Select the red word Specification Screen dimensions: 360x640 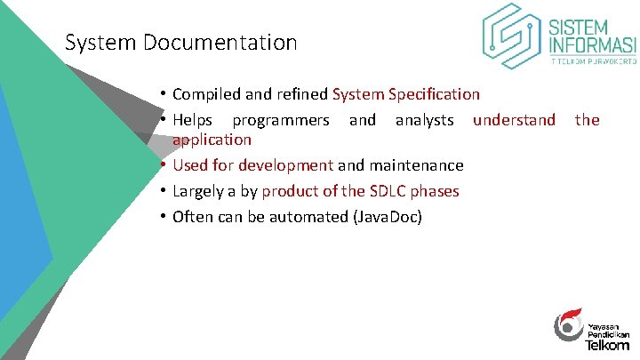click(x=433, y=94)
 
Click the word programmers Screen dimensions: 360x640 click(x=281, y=120)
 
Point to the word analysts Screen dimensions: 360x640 click(x=424, y=120)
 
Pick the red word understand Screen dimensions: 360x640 click(x=514, y=120)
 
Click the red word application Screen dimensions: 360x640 click(x=212, y=140)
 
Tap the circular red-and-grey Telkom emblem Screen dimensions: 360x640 click(x=568, y=325)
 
